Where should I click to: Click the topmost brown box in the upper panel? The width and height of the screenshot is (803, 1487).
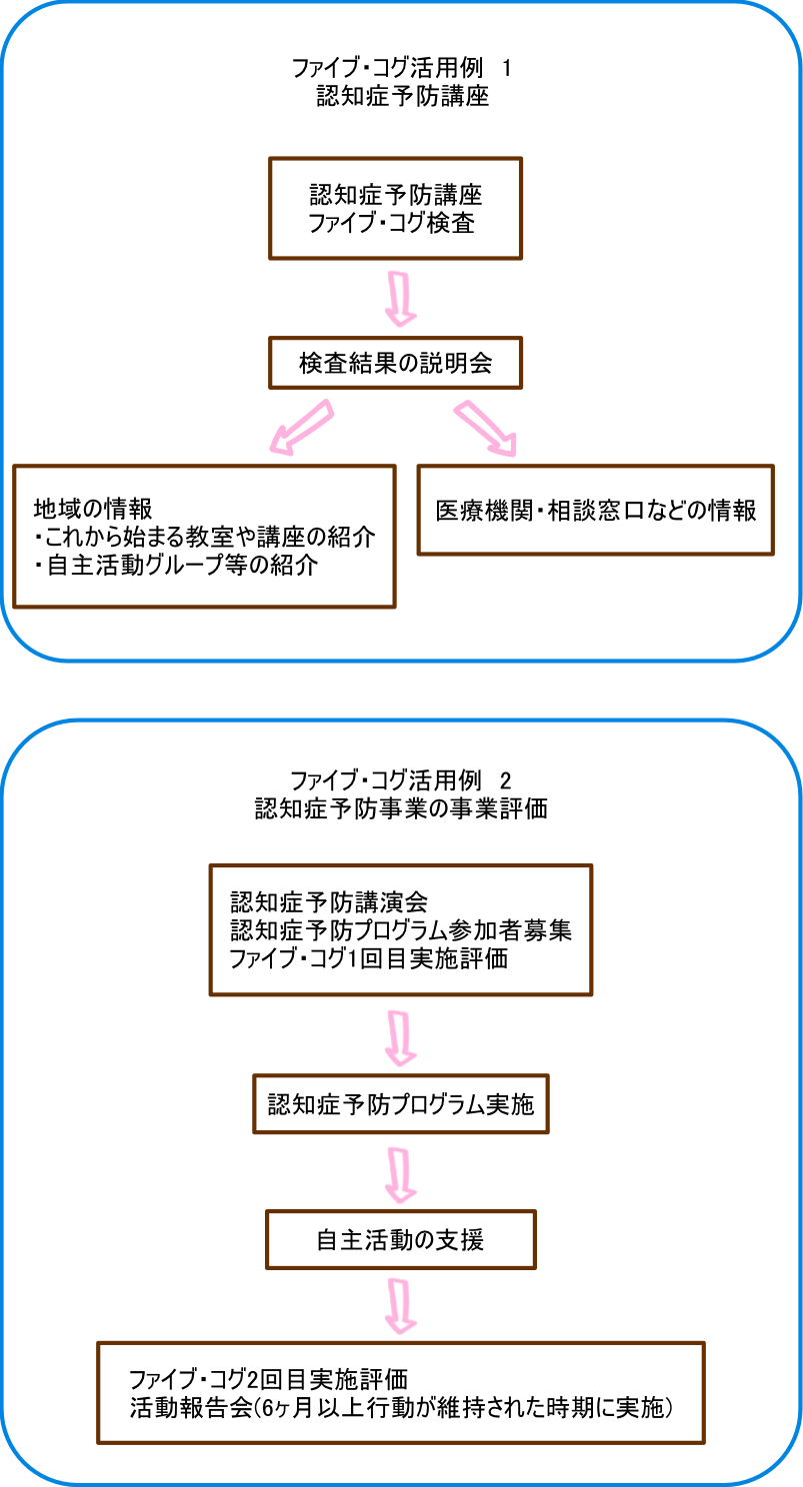coord(395,208)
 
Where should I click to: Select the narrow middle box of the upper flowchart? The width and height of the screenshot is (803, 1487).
coord(395,363)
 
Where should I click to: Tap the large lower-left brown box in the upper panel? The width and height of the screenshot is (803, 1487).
coord(204,536)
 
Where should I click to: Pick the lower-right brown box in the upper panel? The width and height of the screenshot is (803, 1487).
coord(595,510)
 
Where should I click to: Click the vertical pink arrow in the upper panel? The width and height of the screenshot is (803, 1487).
coord(400,298)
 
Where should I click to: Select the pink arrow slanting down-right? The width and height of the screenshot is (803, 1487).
coord(486,428)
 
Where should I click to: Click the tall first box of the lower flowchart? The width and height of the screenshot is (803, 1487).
coord(400,929)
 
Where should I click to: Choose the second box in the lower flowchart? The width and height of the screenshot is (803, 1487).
coord(400,1104)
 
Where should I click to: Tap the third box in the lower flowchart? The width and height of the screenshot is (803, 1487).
coord(400,1239)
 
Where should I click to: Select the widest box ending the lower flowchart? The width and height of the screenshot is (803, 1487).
coord(400,1392)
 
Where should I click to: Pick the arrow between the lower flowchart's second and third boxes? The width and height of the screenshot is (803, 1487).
coord(400,1174)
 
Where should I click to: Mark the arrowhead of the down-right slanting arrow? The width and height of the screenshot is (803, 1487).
coord(507,445)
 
